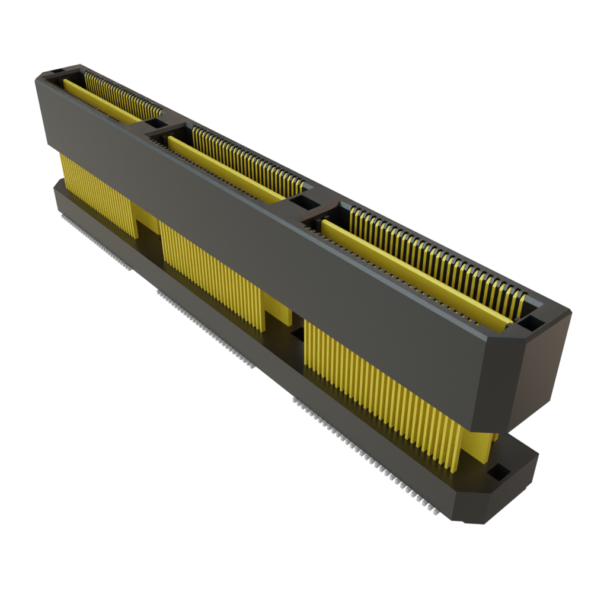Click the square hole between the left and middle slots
(x=156, y=123)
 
